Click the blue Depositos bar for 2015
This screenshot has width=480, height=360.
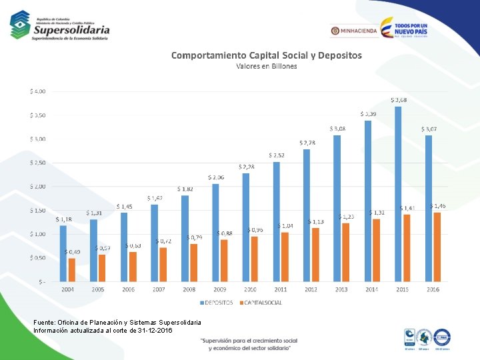tap(398, 193)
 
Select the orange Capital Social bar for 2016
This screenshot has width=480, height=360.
tap(437, 247)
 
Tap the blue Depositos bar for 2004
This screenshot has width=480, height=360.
tap(63, 253)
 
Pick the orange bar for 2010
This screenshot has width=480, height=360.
tap(255, 259)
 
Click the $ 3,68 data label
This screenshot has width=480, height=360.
tap(399, 100)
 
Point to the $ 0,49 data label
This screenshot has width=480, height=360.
tap(72, 252)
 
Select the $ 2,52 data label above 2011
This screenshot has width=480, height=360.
tap(277, 155)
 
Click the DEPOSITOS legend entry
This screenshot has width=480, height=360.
tap(217, 303)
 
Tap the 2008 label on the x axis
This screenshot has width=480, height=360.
tap(189, 289)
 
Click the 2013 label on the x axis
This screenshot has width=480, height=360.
tap(341, 289)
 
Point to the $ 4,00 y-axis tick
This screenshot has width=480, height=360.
tap(37, 91)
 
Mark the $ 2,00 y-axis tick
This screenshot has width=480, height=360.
tap(37, 187)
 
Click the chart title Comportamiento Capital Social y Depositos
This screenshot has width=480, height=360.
tap(267, 55)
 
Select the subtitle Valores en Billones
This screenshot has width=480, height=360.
tap(267, 66)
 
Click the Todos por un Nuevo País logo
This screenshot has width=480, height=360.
tap(404, 29)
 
